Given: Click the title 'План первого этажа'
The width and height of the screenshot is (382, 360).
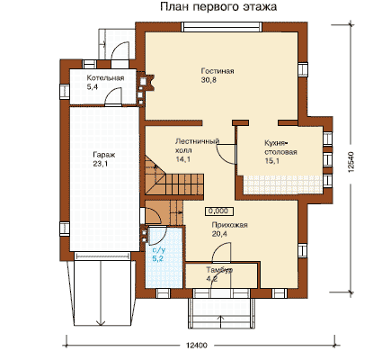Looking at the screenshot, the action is coord(218,6).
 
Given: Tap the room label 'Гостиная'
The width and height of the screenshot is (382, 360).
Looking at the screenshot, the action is coord(218,71).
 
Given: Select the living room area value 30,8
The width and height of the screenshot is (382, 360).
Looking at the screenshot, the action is coord(209,80).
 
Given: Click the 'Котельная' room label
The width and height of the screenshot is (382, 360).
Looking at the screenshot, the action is coord(105,78).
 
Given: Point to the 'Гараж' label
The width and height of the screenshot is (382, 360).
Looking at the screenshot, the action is coord(104,156).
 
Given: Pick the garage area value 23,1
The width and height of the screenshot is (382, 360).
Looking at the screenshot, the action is coord(101,164).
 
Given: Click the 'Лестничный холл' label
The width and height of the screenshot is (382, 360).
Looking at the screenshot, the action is coord(198,146).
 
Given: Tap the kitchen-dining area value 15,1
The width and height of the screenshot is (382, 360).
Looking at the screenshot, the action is coord(272,161).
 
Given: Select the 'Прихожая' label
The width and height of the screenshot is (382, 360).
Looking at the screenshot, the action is coord(229,225).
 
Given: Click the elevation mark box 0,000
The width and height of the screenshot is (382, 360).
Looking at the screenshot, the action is coord(219,211).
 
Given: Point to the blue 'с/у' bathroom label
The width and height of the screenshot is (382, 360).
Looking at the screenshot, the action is coord(159,250).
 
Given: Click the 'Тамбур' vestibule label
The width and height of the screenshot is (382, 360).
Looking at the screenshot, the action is coord(219,270).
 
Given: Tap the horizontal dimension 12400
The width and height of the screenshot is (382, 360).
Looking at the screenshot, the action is coord(196,346).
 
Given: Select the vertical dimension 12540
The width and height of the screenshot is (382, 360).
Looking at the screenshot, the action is coord(351,162).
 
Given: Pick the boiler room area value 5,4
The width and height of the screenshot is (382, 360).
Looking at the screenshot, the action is coord(93,87).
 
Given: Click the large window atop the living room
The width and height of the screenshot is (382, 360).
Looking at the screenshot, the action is coord(222,27).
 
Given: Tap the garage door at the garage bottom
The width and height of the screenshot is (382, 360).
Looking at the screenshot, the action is coord(102,256).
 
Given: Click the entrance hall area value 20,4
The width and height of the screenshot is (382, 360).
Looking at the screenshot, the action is coord(219,234).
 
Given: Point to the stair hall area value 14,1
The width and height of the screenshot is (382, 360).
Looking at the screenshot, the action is coord(182,159).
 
